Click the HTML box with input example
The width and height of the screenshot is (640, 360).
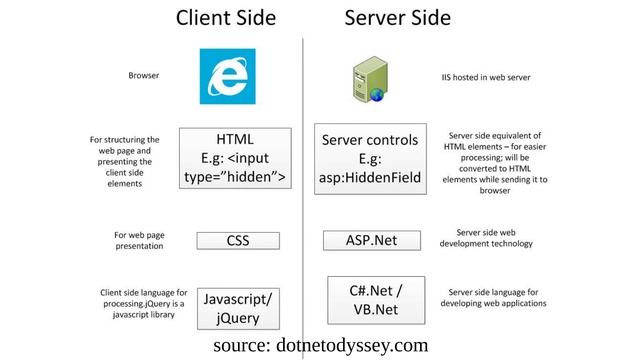[x=235, y=158]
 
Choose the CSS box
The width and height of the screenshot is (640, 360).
[x=237, y=240]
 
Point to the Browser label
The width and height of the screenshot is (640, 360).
[x=143, y=75]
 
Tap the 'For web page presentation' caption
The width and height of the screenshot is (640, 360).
[x=139, y=241]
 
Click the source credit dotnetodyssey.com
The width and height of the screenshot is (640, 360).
[x=320, y=345]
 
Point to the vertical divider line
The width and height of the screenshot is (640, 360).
[x=303, y=200]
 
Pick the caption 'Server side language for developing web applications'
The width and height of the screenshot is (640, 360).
[x=497, y=297]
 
